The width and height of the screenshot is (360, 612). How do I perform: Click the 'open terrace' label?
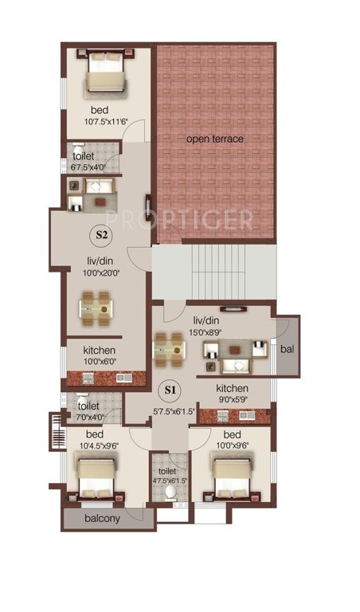(x=215, y=139)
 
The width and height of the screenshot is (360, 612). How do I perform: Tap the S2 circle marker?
(x=102, y=235)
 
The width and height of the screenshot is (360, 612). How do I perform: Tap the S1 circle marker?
(x=169, y=390)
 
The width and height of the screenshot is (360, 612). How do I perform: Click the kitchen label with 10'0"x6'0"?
(x=100, y=351)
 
